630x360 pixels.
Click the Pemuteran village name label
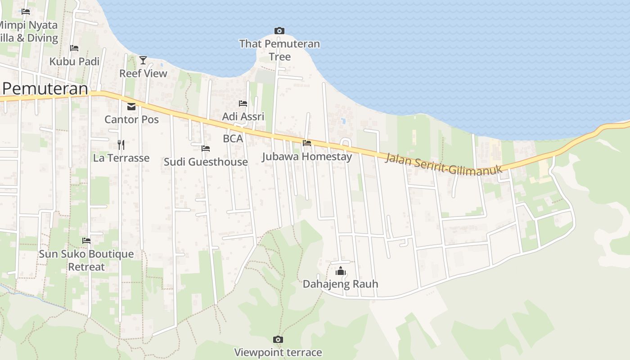pyautogui.click(x=45, y=88)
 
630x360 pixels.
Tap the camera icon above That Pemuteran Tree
pyautogui.click(x=279, y=31)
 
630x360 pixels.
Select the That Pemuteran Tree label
pyautogui.click(x=279, y=50)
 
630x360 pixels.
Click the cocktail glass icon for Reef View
pyautogui.click(x=143, y=60)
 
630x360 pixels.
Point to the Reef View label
pyautogui.click(x=143, y=73)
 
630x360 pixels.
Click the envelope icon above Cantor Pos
pyautogui.click(x=131, y=107)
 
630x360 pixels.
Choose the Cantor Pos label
pyautogui.click(x=131, y=119)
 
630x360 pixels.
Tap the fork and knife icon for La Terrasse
pyautogui.click(x=121, y=144)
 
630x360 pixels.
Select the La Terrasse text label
pyautogui.click(x=121, y=158)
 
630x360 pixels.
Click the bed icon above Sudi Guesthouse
pyautogui.click(x=206, y=148)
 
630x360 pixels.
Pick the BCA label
pyautogui.click(x=233, y=139)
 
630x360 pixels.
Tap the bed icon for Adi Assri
pyautogui.click(x=243, y=103)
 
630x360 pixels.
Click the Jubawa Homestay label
pyautogui.click(x=307, y=157)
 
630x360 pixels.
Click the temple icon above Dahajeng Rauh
pyautogui.click(x=341, y=271)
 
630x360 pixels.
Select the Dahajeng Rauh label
pyautogui.click(x=340, y=284)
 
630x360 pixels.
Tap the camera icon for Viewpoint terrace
pyautogui.click(x=278, y=339)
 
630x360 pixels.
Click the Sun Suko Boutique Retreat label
pyautogui.click(x=86, y=260)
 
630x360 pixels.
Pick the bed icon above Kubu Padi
pyautogui.click(x=74, y=48)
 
